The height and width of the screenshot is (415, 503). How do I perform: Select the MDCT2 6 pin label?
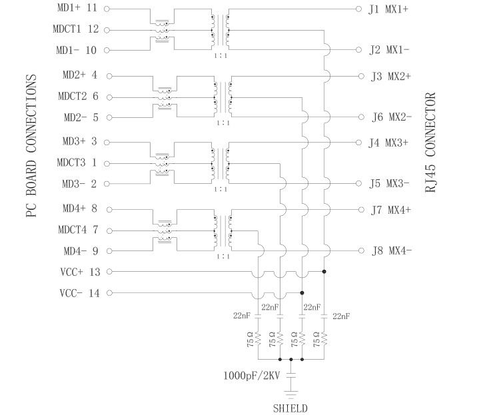77,97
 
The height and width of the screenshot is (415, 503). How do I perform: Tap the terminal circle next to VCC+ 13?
108,272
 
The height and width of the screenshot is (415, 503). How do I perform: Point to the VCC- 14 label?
79,293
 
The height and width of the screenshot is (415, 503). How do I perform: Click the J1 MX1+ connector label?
389,9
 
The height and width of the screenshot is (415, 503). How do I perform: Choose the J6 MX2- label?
392,118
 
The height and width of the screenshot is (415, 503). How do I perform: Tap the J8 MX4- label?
391,251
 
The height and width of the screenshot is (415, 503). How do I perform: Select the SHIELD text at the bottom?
290,408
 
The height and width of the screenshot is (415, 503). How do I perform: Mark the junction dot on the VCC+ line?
324,272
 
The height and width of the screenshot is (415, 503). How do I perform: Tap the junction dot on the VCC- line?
302,293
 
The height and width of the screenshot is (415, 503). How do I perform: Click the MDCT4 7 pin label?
77,230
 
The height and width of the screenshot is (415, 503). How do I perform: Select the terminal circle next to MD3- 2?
108,184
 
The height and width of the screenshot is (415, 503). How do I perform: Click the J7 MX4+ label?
391,210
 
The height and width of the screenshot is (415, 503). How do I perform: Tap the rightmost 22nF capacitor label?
341,316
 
